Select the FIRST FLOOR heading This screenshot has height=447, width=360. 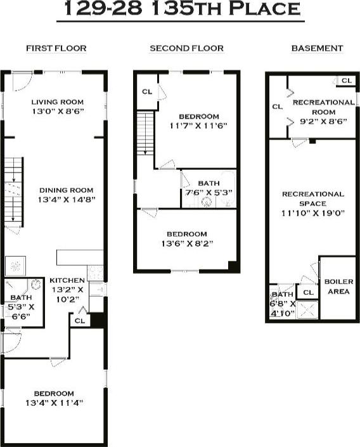(x=56, y=48)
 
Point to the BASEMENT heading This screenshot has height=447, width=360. (x=317, y=48)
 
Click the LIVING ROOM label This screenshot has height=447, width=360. (x=57, y=102)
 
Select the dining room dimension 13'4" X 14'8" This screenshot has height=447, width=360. (x=66, y=199)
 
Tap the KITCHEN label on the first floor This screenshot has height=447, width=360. (x=66, y=280)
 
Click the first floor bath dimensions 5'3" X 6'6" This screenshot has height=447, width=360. (x=22, y=311)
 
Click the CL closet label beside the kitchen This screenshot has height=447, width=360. (x=79, y=321)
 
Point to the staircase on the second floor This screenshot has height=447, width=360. (x=146, y=132)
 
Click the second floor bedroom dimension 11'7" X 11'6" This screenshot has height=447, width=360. (x=198, y=126)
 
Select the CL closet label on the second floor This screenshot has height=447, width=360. (x=147, y=91)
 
